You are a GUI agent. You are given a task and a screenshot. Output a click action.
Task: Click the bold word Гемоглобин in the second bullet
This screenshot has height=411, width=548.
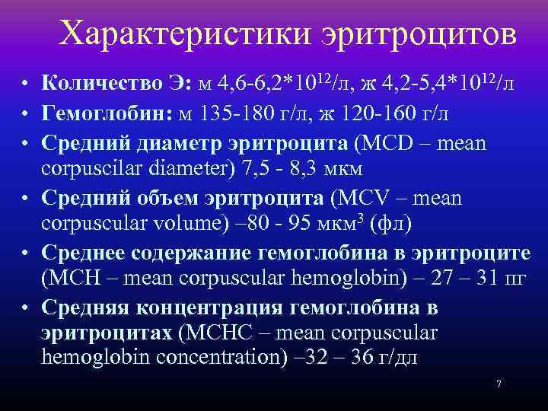point(107,112)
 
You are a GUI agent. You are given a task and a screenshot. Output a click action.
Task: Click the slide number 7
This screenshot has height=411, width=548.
point(499,384)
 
